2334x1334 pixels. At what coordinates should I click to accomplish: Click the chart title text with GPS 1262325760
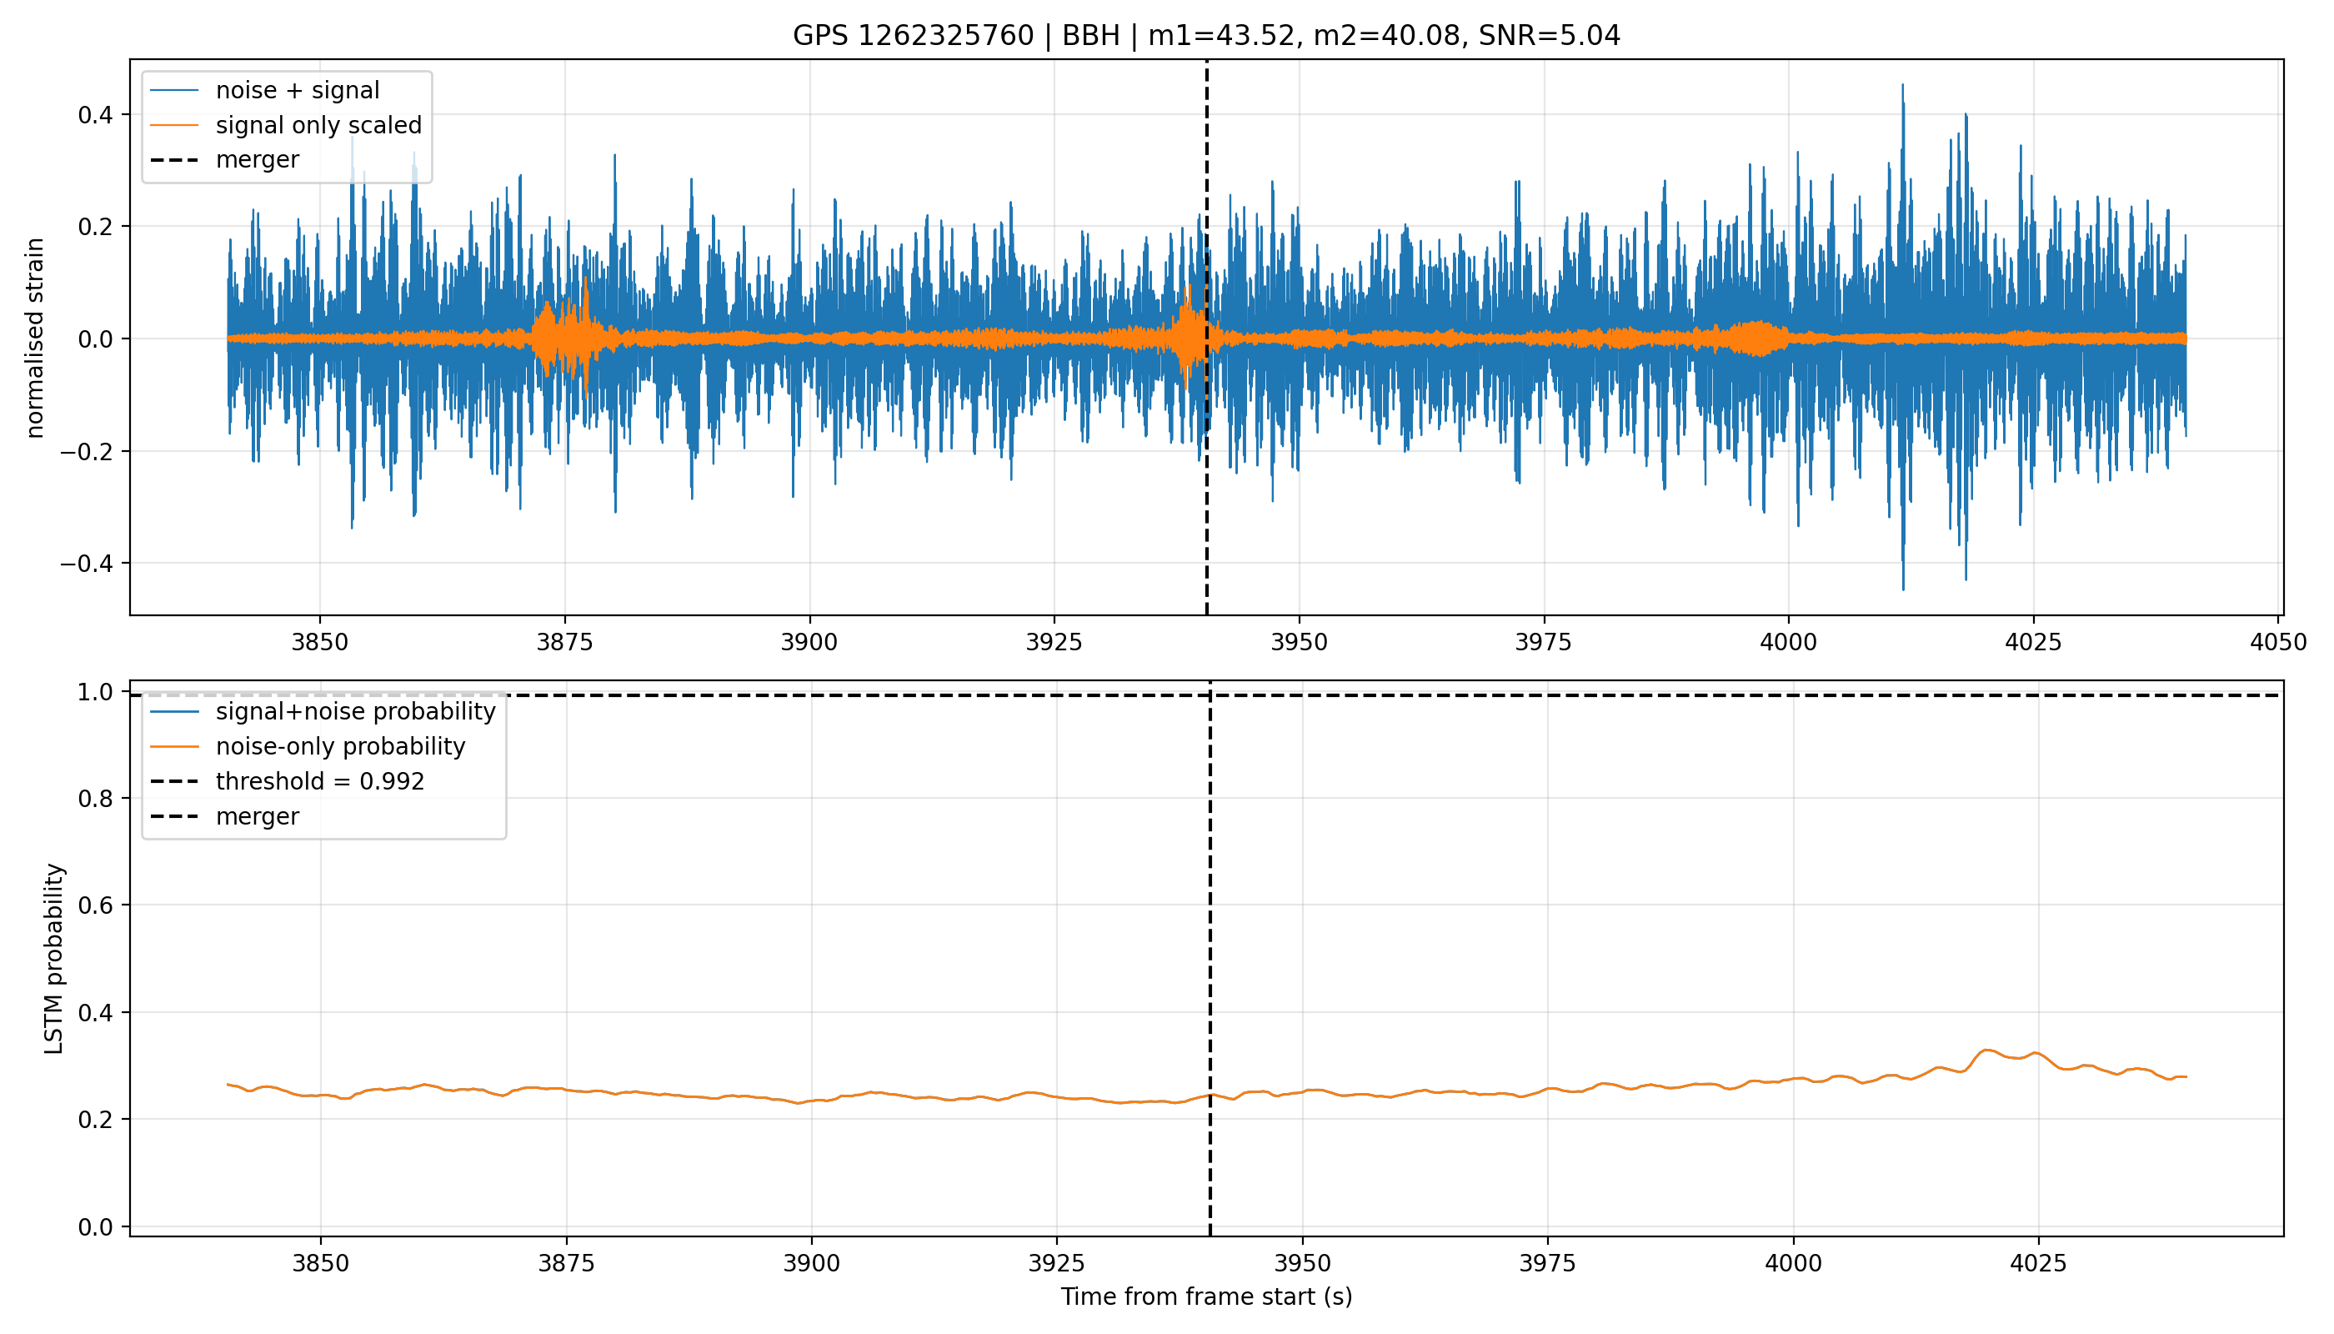pos(1206,36)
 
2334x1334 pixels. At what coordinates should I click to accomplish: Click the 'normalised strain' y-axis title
pos(35,338)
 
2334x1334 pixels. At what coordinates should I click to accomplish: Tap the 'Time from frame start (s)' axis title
pos(1206,1296)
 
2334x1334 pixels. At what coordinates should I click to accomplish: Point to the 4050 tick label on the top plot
pos(2278,642)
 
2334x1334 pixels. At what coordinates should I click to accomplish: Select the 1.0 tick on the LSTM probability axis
pos(96,692)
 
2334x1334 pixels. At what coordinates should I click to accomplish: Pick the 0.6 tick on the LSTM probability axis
pos(96,905)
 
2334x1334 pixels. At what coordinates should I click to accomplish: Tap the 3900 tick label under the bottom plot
pos(812,1263)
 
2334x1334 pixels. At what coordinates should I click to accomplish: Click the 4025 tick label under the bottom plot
pos(2038,1263)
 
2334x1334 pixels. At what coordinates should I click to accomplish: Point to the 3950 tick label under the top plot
pos(1299,642)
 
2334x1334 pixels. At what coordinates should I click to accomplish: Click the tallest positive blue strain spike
pos(1902,85)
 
